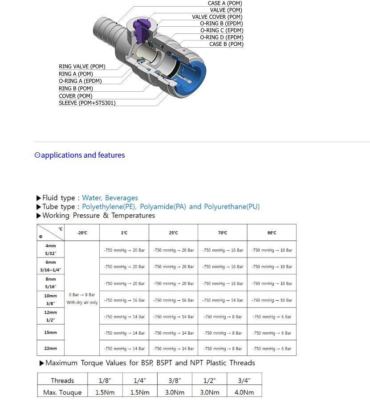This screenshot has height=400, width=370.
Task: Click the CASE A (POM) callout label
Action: tap(225, 4)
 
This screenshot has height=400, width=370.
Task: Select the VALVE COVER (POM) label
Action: tap(217, 17)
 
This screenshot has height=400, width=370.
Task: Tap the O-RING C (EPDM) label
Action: tap(221, 31)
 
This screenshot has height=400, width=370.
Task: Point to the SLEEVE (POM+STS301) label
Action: tap(87, 103)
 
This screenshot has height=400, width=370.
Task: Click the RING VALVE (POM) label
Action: tap(82, 67)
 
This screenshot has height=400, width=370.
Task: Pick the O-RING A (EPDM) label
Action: tap(80, 81)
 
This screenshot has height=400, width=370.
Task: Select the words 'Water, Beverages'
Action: tap(110, 198)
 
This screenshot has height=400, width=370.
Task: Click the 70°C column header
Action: tap(223, 233)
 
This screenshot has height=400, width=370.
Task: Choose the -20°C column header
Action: tap(82, 233)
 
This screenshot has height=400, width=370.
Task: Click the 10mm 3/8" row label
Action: tap(51, 299)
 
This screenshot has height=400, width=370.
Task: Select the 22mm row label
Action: tap(51, 348)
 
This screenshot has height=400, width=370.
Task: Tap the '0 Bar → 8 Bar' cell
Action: tap(82, 295)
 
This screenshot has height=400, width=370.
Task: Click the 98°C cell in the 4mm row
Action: tap(272, 250)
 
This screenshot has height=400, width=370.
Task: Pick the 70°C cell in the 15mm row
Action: tap(223, 333)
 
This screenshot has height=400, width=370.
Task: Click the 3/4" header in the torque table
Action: tap(244, 380)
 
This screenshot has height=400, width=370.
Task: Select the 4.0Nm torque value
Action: tap(244, 392)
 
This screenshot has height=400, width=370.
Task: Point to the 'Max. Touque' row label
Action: tap(62, 392)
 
